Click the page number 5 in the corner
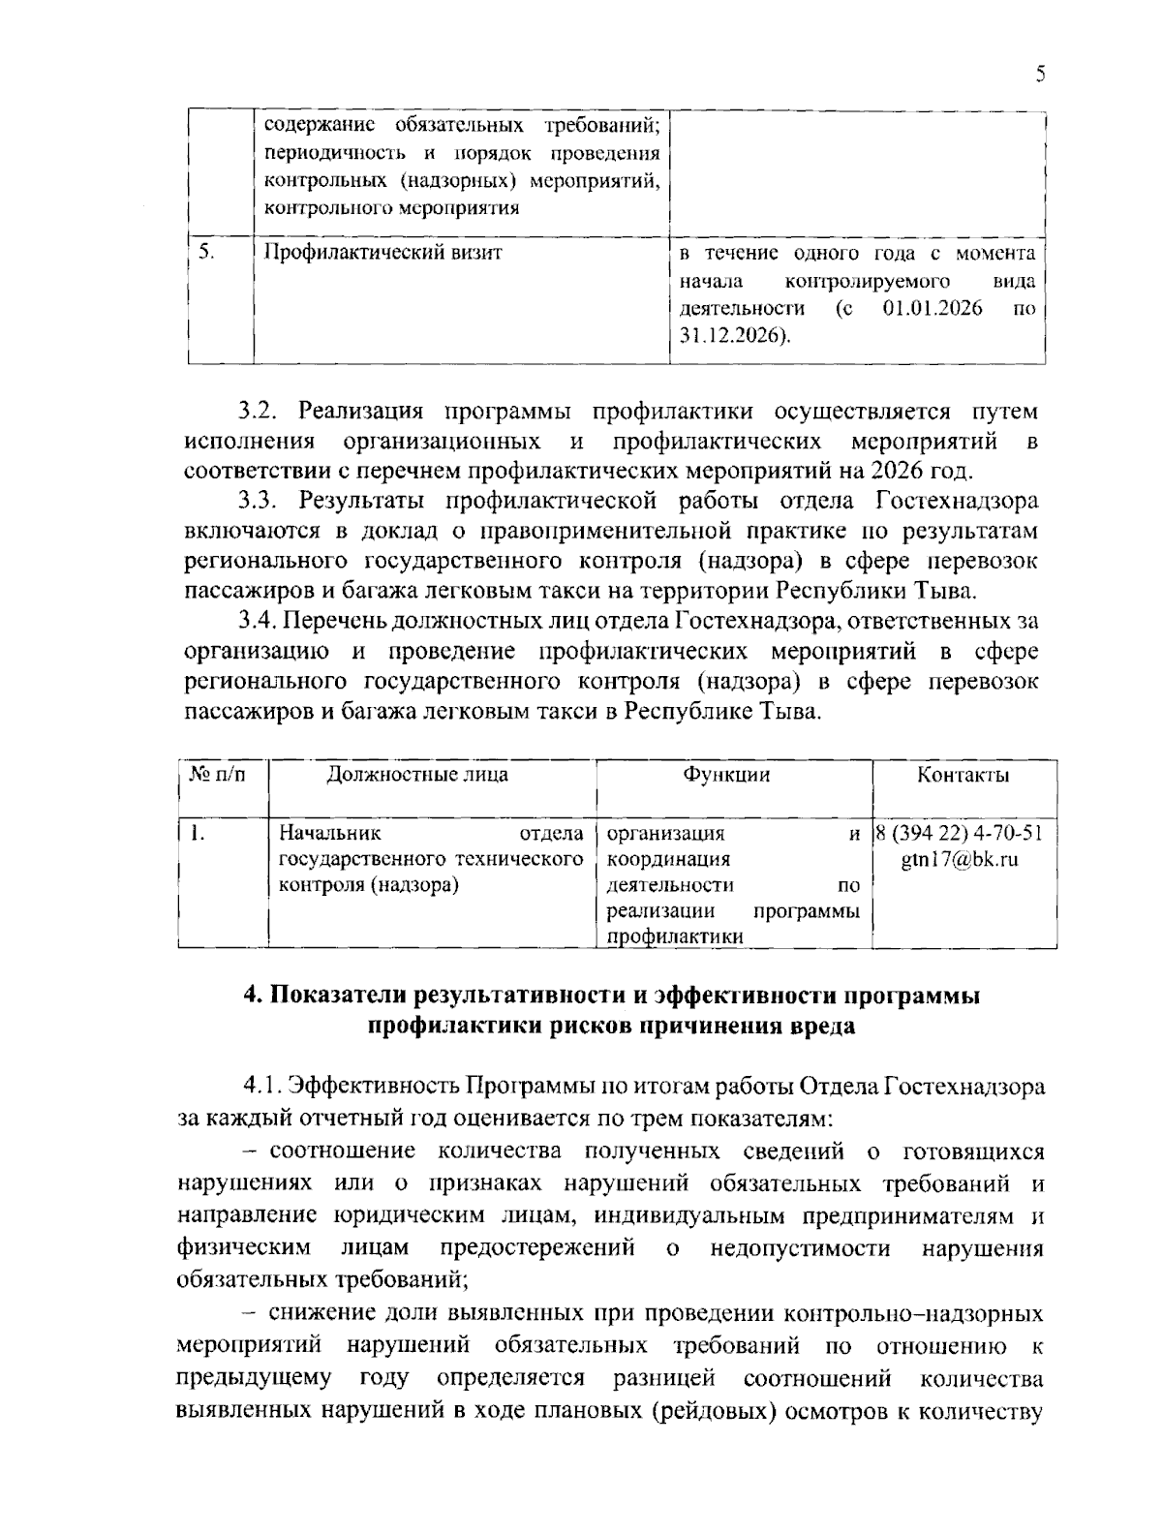(1040, 75)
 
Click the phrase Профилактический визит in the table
(384, 254)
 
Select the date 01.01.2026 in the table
(933, 309)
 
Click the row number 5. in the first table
(206, 253)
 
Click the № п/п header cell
(217, 775)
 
